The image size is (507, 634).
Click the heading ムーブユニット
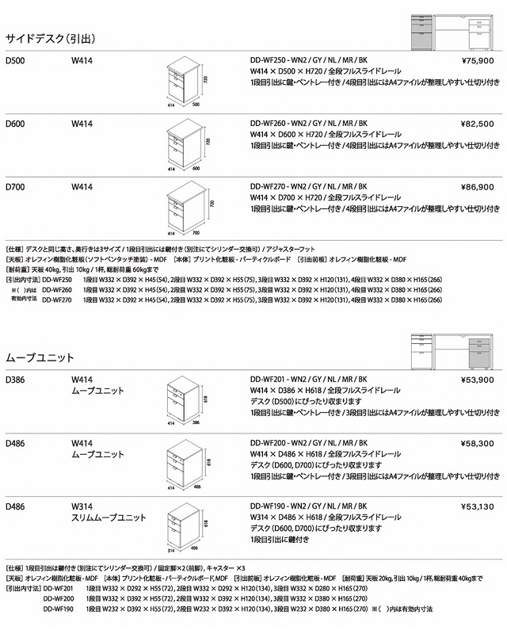coord(40,358)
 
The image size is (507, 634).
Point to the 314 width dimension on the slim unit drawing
coord(169,549)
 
